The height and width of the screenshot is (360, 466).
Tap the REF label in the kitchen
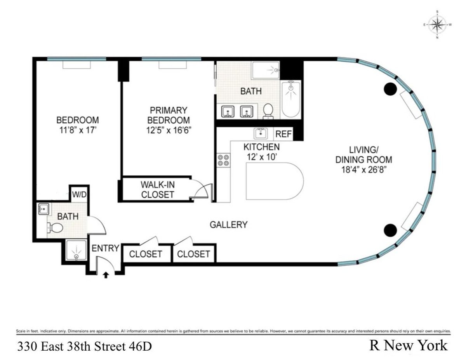click(x=283, y=134)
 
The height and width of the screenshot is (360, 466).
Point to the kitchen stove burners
click(x=223, y=160)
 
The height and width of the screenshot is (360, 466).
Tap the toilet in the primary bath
click(x=268, y=111)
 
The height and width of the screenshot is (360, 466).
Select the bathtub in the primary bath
click(x=290, y=99)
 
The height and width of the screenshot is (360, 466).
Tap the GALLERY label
click(x=228, y=225)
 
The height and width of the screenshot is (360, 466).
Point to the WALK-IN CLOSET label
click(x=157, y=190)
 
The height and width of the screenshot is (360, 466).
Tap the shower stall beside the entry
click(x=75, y=252)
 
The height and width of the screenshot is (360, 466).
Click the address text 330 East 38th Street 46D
click(x=84, y=346)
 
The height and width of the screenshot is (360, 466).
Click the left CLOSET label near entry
click(x=145, y=254)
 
